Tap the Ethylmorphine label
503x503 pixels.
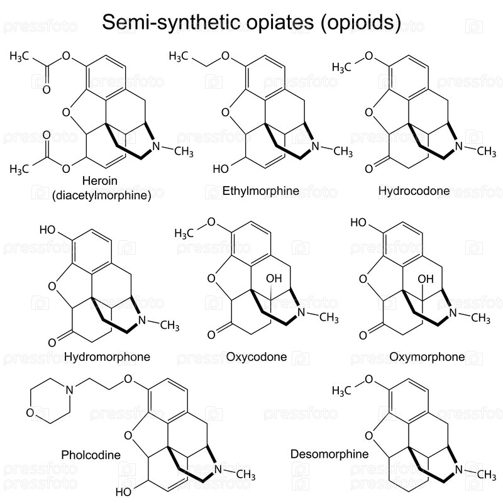point(260,191)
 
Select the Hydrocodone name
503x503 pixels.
point(414,191)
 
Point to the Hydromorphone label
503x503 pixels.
point(107,357)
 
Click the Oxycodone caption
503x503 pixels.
point(256,357)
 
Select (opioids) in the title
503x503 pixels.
point(361,23)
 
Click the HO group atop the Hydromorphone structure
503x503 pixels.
point(48,229)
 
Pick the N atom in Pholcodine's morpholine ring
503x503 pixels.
point(70,390)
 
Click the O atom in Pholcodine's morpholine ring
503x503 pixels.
point(30,413)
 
